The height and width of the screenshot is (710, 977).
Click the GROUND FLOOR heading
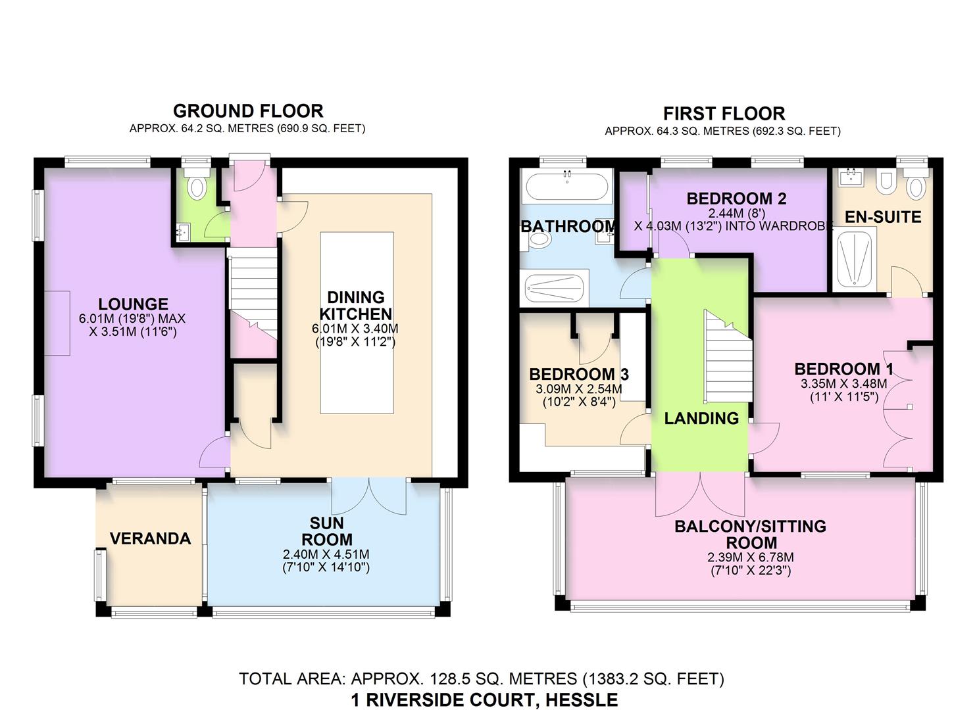pos(248,111)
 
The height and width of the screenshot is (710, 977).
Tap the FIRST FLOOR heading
pos(724,114)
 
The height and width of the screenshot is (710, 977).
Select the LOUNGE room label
pos(133,304)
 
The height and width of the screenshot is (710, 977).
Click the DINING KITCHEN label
pos(356,306)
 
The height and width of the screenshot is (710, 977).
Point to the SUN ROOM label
pos(327,531)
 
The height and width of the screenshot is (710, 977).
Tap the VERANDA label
pos(151,538)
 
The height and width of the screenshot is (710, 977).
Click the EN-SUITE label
pos(883,217)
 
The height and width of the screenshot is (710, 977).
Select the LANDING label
pos(701,418)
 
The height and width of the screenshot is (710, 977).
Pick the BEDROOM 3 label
pos(579,374)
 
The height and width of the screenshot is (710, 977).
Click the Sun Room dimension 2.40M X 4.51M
pos(326,554)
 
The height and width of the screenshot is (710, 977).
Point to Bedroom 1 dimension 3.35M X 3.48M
pos(844,383)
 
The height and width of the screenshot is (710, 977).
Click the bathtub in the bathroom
pos(566,186)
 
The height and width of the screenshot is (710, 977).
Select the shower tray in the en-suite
pos(854,259)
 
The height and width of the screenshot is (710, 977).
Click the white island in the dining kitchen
pos(357,323)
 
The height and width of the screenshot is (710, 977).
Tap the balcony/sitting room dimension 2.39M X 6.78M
pos(751,557)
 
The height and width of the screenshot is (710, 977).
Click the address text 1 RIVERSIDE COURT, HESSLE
pos(485,700)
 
